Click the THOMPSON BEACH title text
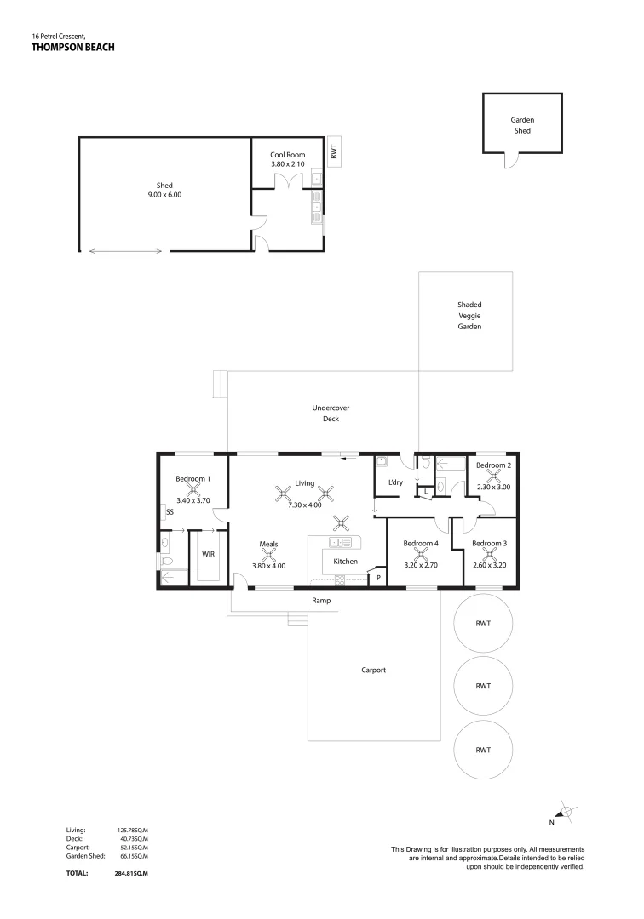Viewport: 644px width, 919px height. [x=72, y=49]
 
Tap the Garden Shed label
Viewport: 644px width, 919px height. [x=522, y=126]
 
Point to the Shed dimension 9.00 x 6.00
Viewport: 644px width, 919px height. [x=164, y=194]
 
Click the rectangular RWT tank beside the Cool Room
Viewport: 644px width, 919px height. [x=334, y=152]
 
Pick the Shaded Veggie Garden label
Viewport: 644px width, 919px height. [x=470, y=315]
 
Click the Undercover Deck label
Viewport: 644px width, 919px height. [x=331, y=414]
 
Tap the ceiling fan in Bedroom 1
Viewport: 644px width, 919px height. [x=193, y=489]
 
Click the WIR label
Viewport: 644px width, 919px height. [x=208, y=554]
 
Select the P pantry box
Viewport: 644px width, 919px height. [x=377, y=579]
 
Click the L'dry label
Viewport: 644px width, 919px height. [x=394, y=483]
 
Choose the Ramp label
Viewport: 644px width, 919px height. [x=321, y=601]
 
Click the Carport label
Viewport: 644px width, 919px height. [x=374, y=670]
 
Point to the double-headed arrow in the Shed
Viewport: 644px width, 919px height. [x=125, y=250]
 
